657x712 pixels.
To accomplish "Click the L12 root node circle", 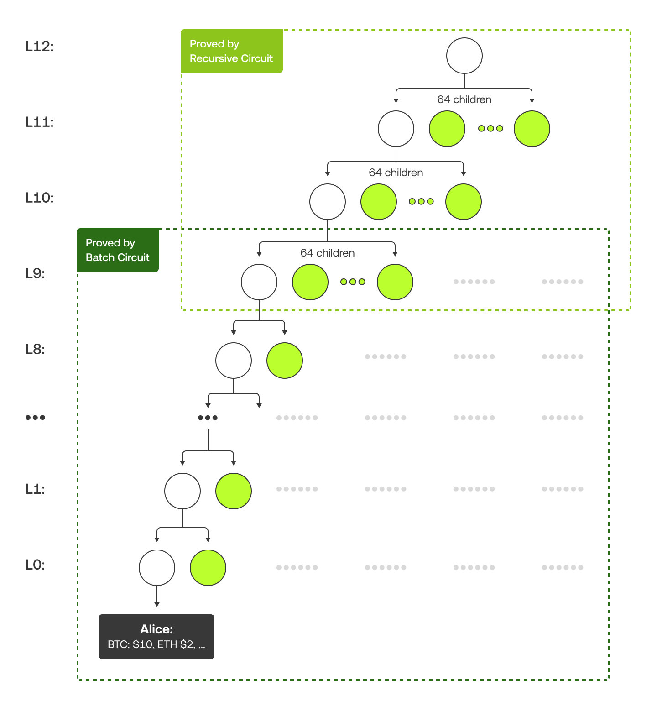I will pyautogui.click(x=464, y=56).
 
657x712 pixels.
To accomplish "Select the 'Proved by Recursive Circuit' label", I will pyautogui.click(x=231, y=51).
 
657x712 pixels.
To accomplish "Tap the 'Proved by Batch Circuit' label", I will pyautogui.click(x=117, y=250).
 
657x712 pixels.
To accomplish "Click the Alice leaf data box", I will pyautogui.click(x=156, y=636).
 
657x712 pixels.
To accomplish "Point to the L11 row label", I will pyautogui.click(x=39, y=122).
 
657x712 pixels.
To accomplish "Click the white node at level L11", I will pyautogui.click(x=396, y=129).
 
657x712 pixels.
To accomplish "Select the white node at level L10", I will pyautogui.click(x=327, y=202).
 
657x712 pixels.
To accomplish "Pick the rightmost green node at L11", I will pyautogui.click(x=532, y=129).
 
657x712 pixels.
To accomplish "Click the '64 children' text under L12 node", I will pyautogui.click(x=464, y=99).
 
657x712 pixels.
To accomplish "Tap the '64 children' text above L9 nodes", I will pyautogui.click(x=327, y=253).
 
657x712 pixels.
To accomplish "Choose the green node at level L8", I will pyautogui.click(x=284, y=361).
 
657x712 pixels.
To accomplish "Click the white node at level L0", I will pyautogui.click(x=156, y=568).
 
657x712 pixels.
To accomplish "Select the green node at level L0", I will pyautogui.click(x=208, y=568).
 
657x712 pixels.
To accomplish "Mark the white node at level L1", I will pyautogui.click(x=182, y=491).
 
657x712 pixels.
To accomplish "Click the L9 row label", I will pyautogui.click(x=35, y=273).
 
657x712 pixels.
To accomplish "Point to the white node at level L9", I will pyautogui.click(x=259, y=282).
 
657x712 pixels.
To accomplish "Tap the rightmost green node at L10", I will pyautogui.click(x=463, y=202).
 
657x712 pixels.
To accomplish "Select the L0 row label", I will pyautogui.click(x=35, y=565).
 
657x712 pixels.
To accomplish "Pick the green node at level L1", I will pyautogui.click(x=233, y=491).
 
